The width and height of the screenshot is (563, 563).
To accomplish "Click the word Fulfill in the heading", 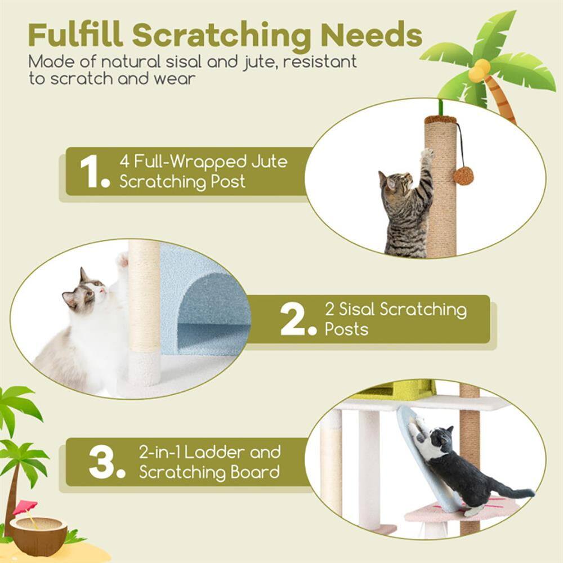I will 75,35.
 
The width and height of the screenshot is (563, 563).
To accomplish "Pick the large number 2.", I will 296,319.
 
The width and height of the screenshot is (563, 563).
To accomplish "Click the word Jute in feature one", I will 269,162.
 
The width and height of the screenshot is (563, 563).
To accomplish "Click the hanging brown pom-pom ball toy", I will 463,175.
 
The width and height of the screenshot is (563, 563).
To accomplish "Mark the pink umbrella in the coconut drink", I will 25,506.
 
